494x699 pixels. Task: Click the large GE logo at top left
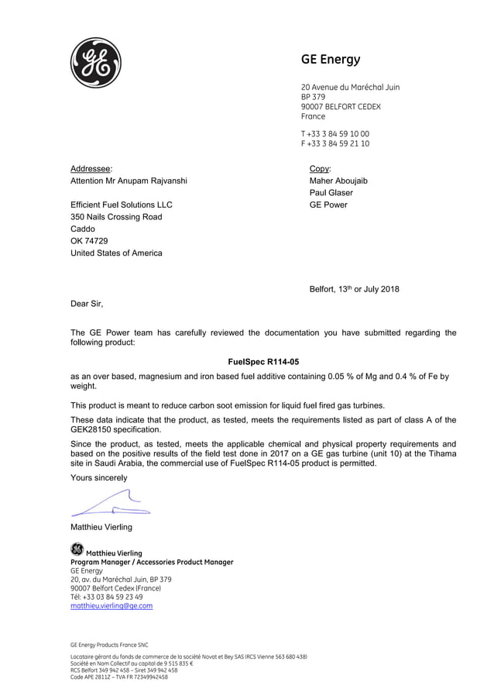click(x=96, y=62)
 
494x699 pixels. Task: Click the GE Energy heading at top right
click(x=331, y=60)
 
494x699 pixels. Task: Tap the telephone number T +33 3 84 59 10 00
click(x=335, y=133)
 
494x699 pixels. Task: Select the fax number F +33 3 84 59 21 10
click(x=335, y=143)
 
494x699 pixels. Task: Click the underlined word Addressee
click(x=91, y=168)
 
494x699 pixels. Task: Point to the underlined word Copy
click(x=320, y=168)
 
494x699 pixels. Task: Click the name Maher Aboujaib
click(x=338, y=181)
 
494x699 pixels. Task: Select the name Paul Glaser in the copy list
click(x=331, y=193)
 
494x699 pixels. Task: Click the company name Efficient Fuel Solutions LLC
click(x=122, y=205)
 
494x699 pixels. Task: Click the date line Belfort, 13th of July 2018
click(x=355, y=290)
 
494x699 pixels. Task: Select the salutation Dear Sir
click(x=87, y=304)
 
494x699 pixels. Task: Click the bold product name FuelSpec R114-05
click(x=263, y=362)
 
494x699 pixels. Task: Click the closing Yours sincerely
click(x=99, y=477)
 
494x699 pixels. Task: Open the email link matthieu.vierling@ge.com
click(x=111, y=606)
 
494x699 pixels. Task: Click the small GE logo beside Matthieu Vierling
click(x=76, y=549)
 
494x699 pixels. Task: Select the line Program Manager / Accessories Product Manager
click(x=152, y=562)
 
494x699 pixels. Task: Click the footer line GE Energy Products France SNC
click(x=109, y=644)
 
